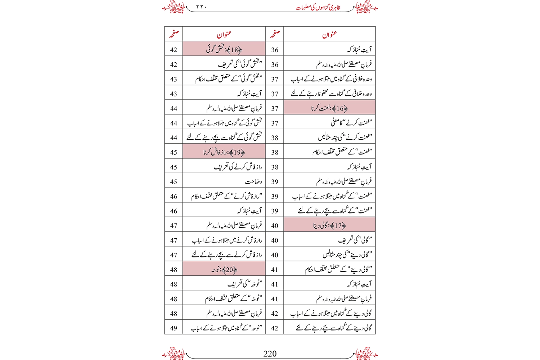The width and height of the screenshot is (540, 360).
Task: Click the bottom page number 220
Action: click(x=270, y=354)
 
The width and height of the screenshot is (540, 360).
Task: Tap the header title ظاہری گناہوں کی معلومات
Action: click(x=318, y=8)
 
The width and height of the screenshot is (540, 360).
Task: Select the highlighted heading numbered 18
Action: click(x=224, y=49)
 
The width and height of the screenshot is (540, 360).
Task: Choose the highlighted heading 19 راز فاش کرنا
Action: click(x=224, y=152)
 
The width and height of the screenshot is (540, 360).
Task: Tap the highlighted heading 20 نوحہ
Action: click(x=224, y=269)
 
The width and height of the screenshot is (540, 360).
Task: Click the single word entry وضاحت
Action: click(x=253, y=181)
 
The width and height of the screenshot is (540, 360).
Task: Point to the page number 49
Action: click(x=174, y=328)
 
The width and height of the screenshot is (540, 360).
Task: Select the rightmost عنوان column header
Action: click(x=329, y=34)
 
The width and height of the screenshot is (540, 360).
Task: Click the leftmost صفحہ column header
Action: click(x=174, y=34)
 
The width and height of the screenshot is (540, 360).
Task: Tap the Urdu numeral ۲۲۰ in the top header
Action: click(x=202, y=7)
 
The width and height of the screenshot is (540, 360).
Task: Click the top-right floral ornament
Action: click(x=366, y=7)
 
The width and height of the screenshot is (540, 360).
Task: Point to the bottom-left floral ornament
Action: click(x=174, y=353)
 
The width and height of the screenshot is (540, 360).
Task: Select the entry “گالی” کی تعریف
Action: click(x=355, y=240)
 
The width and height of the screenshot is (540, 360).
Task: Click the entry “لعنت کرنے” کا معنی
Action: click(x=351, y=123)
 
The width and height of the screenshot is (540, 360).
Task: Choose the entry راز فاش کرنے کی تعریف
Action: click(x=238, y=167)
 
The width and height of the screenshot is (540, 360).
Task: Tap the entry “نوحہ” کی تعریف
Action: click(x=245, y=284)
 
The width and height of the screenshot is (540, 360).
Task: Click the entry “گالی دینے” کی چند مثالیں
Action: click(x=347, y=255)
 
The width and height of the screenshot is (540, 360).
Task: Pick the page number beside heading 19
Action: click(x=174, y=152)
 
